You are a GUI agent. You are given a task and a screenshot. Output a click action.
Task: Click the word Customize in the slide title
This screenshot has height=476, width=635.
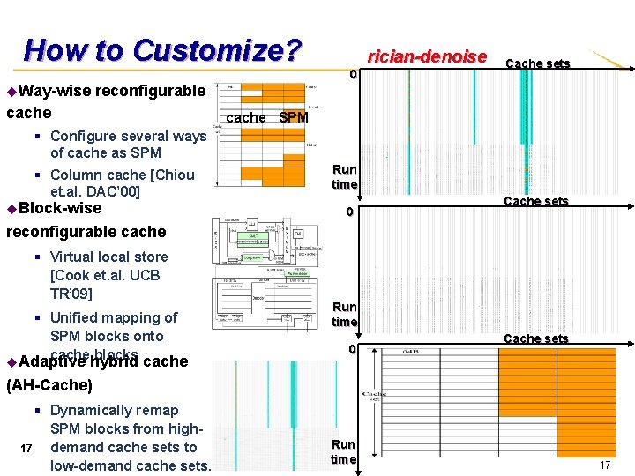tap(217, 50)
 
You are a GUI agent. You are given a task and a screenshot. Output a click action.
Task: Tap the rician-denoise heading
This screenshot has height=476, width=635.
tap(427, 56)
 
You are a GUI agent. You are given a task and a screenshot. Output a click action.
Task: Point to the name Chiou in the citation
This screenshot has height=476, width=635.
tap(174, 175)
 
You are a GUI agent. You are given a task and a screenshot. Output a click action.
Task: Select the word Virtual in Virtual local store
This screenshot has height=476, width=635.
tap(74, 257)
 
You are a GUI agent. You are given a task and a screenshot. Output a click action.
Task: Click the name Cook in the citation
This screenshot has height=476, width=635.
tap(73, 275)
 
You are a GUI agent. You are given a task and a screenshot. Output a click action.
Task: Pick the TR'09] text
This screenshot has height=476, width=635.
tap(71, 294)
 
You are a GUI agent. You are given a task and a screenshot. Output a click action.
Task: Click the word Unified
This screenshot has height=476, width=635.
tap(78, 317)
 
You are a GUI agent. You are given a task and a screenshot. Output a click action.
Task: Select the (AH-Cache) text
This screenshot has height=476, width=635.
tap(49, 385)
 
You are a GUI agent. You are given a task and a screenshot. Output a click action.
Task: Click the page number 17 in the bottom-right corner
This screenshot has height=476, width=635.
tap(605, 465)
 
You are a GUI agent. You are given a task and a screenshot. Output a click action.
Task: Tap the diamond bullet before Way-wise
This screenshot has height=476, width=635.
tap(11, 91)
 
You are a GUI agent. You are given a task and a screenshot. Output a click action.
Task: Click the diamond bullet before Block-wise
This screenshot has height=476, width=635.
tap(11, 209)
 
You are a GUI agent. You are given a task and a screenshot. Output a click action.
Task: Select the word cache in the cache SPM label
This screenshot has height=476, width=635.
tap(246, 117)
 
